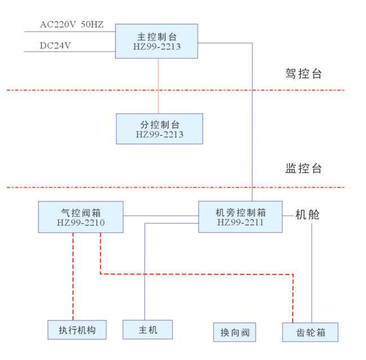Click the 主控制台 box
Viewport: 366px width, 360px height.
pos(157,41)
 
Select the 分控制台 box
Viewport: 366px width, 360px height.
pos(159,129)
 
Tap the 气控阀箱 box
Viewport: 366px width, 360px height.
pos(81,217)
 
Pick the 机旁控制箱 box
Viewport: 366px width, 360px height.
pos(240,217)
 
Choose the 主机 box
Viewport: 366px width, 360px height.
pos(148,330)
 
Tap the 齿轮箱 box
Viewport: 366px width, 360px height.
pos(311,332)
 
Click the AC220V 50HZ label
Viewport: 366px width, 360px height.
pos(72,25)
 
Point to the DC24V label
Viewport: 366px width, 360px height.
pos(55,46)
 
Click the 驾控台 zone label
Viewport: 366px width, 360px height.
pos(303,74)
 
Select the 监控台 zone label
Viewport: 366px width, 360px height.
pos(303,168)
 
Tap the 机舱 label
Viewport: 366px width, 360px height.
pos(307,214)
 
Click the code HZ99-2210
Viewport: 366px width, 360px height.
pos(81,223)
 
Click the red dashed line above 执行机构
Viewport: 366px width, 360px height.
pos(73,276)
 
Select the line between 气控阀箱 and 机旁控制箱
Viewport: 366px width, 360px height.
pos(160,215)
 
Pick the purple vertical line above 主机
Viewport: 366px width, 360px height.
pos(145,270)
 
